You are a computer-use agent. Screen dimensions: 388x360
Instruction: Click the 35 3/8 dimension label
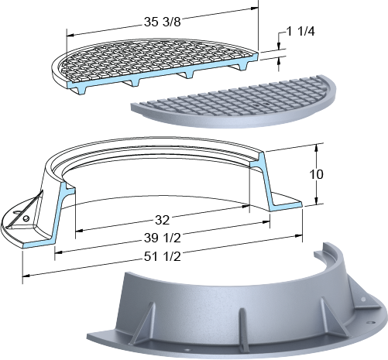click(163, 22)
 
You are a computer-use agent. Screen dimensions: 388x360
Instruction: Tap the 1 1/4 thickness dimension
click(300, 32)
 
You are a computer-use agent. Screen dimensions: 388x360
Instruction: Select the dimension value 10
click(316, 175)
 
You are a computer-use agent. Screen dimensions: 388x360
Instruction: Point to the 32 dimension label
click(163, 220)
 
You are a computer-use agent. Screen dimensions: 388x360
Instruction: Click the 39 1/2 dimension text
click(163, 238)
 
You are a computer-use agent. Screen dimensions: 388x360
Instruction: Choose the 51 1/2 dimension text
click(163, 257)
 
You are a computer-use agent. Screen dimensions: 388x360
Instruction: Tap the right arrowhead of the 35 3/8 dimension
click(254, 9)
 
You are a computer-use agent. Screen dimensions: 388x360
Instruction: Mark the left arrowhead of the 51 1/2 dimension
click(26, 276)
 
